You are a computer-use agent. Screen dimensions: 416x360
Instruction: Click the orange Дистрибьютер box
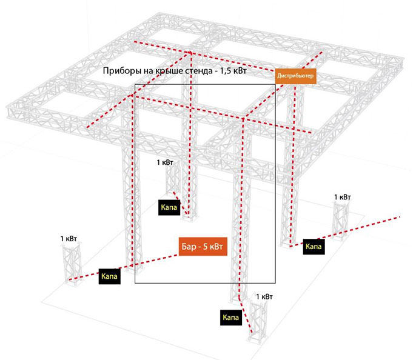click(295, 76)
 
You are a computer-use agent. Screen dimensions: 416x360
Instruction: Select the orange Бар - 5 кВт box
click(203, 247)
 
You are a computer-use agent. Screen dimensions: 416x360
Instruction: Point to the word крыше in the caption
click(167, 71)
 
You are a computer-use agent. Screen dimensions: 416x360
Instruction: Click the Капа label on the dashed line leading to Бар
click(109, 276)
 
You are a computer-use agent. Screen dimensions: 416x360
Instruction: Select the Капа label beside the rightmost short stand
click(314, 247)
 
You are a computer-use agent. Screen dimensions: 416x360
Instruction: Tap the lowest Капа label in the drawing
click(231, 318)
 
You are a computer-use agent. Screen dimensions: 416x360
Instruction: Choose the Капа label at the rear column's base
click(169, 207)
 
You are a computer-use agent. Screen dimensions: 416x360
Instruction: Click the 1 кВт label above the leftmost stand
click(69, 239)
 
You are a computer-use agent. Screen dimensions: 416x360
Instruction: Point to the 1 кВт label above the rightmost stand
click(342, 197)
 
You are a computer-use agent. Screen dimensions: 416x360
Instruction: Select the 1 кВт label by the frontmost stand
click(264, 296)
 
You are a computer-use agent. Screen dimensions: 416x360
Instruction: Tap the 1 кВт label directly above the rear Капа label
click(165, 162)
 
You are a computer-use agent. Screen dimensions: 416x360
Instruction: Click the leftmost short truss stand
click(72, 264)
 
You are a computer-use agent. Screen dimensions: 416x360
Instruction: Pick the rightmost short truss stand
click(340, 221)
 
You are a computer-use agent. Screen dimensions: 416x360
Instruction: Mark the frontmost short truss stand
click(258, 322)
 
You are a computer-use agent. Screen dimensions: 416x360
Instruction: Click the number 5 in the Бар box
click(205, 247)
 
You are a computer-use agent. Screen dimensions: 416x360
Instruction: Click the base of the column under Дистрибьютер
click(290, 244)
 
